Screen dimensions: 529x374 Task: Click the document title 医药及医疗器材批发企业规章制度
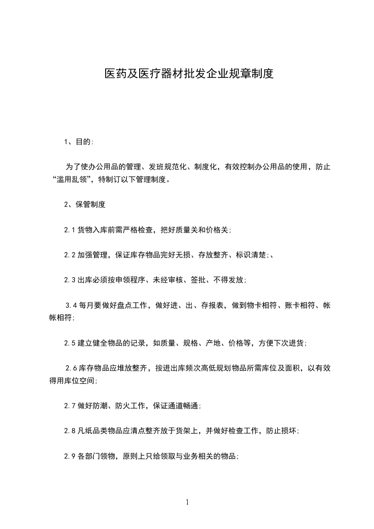click(189, 74)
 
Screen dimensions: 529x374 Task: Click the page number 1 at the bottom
click(187, 503)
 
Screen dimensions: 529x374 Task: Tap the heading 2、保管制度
click(85, 205)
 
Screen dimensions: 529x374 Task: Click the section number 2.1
click(70, 230)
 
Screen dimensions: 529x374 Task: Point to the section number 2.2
click(70, 255)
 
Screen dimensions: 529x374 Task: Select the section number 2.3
click(70, 280)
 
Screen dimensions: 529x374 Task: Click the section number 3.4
click(71, 306)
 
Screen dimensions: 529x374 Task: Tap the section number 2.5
click(70, 343)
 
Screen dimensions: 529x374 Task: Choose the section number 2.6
click(71, 368)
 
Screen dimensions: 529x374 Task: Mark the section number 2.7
click(70, 405)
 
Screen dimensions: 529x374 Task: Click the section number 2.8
click(70, 431)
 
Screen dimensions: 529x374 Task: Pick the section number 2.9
click(70, 456)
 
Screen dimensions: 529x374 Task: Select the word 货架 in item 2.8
click(190, 431)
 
